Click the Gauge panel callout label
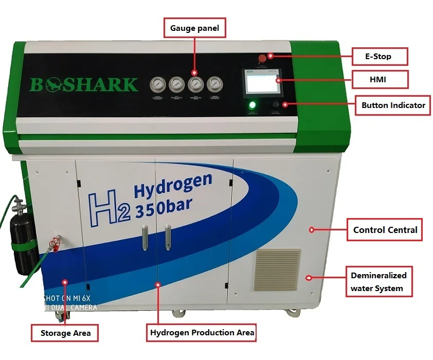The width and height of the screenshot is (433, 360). [195, 28]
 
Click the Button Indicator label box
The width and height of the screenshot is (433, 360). [393, 105]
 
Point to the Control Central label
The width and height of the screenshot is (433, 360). [385, 230]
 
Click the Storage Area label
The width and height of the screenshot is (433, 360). [65, 333]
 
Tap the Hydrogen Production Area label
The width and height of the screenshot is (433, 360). [202, 333]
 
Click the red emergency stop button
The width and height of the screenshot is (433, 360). [262, 58]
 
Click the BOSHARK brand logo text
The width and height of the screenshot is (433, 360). [84, 84]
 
